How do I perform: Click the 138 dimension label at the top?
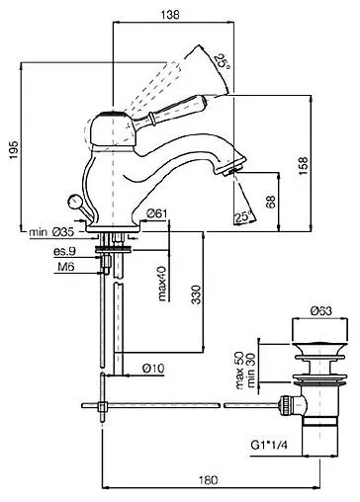click(170, 15)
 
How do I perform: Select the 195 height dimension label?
click(14, 150)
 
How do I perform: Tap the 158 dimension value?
click(304, 166)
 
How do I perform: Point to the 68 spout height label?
click(271, 202)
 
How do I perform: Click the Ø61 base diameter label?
click(157, 214)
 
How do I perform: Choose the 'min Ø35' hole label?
click(51, 232)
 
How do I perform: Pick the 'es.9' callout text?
click(64, 252)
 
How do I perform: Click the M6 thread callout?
click(66, 267)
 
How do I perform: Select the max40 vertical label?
click(162, 284)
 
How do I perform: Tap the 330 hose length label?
click(196, 294)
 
